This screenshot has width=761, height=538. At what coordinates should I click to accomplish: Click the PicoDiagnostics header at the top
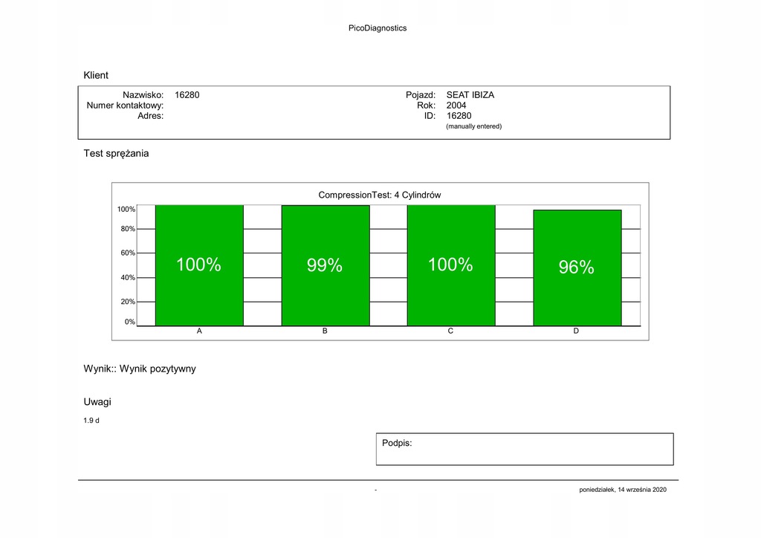[x=378, y=28]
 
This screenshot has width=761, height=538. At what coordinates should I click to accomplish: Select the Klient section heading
[x=96, y=75]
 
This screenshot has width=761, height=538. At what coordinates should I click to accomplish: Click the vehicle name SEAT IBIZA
[x=470, y=95]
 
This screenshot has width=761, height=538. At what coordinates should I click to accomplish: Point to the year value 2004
[x=456, y=106]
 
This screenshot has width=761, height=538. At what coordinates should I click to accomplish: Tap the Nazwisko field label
[x=143, y=95]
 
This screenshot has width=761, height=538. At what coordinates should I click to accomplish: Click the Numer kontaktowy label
[x=125, y=106]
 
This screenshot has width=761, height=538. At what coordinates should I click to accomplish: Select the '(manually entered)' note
[x=473, y=126]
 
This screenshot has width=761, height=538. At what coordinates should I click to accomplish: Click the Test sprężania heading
[x=116, y=154]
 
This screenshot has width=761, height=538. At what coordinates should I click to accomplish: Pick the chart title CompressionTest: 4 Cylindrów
[x=380, y=195]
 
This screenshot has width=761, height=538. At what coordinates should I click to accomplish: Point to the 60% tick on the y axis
[x=128, y=253]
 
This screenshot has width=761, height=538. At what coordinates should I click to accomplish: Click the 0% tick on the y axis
[x=130, y=322]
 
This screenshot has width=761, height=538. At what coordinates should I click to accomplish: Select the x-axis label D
[x=576, y=331]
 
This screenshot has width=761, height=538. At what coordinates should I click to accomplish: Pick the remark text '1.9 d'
[x=91, y=421]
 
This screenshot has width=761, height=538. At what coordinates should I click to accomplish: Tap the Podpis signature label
[x=397, y=443]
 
